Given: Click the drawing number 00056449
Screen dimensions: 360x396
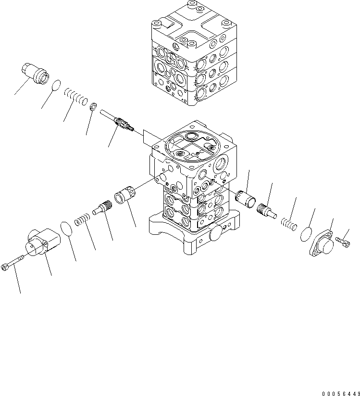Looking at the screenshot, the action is click(x=341, y=394).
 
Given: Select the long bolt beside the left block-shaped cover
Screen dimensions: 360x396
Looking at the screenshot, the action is click(x=12, y=263).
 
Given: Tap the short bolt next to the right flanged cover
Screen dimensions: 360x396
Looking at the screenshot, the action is click(x=343, y=242).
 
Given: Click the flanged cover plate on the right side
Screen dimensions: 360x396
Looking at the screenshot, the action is click(x=322, y=243).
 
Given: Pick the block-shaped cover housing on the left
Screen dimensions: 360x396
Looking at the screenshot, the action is click(x=43, y=242).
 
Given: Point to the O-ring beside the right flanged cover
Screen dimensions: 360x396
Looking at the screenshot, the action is click(x=306, y=234).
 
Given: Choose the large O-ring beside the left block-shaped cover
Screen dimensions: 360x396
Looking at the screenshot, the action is click(x=67, y=229).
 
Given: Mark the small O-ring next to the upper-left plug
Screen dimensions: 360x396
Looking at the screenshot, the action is click(x=56, y=85).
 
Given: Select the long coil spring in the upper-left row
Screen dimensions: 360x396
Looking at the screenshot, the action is click(x=75, y=96).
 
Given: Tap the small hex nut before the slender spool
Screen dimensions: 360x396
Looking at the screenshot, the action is click(x=93, y=106).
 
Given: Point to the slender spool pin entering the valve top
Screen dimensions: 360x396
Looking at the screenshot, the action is click(x=117, y=120).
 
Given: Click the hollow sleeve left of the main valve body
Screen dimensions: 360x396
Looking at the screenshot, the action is click(x=124, y=194).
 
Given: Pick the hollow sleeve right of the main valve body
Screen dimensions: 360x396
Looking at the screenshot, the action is click(x=245, y=199).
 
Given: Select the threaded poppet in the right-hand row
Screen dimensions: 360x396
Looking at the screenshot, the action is click(x=267, y=211).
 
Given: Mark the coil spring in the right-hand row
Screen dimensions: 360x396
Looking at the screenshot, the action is click(x=289, y=224).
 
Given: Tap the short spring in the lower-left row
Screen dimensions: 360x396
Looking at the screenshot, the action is click(x=82, y=219).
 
